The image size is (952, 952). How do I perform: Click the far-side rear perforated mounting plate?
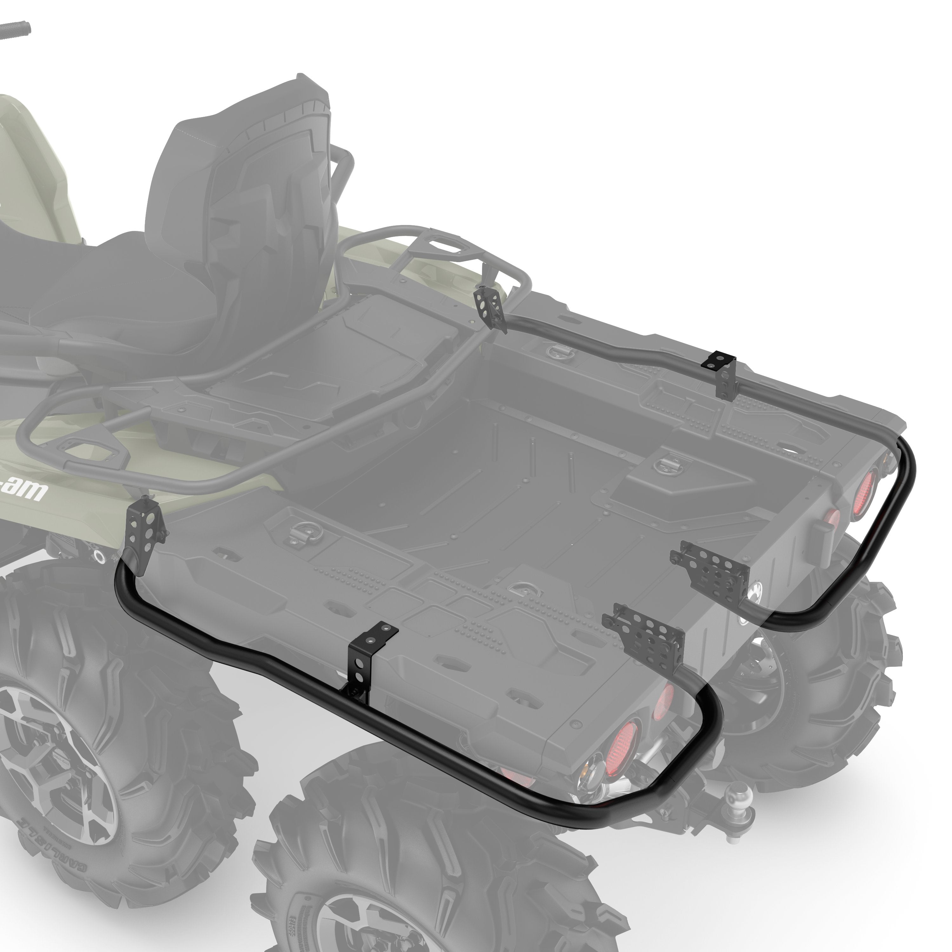710,567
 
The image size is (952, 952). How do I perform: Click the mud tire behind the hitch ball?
813,690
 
